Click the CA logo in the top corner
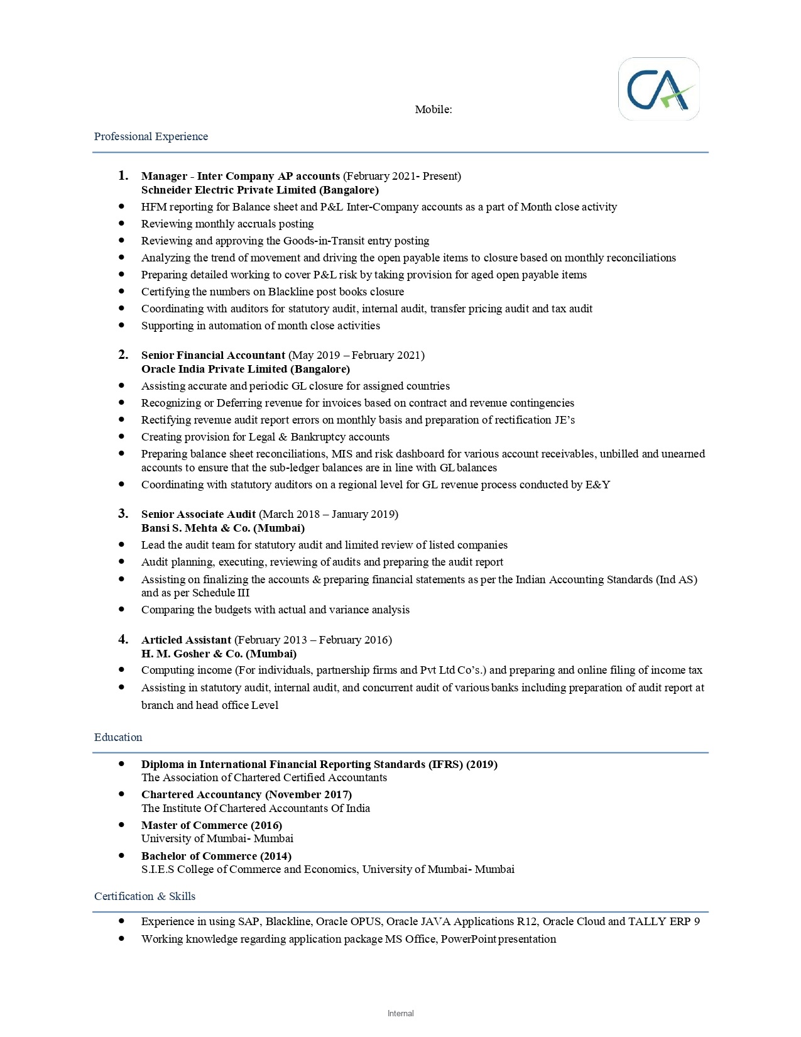pos(658,89)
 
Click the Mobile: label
pos(433,109)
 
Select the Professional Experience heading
pos(151,136)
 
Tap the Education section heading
pos(118,737)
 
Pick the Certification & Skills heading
pos(144,896)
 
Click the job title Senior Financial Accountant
pos(213,355)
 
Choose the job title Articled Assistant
pos(186,640)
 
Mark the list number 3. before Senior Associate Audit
pos(123,513)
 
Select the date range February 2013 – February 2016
pos(313,640)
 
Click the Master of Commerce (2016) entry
pos(211,825)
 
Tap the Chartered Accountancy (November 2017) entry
pos(246,794)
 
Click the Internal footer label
pos(400,1013)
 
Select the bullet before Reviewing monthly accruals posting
pos(121,223)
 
